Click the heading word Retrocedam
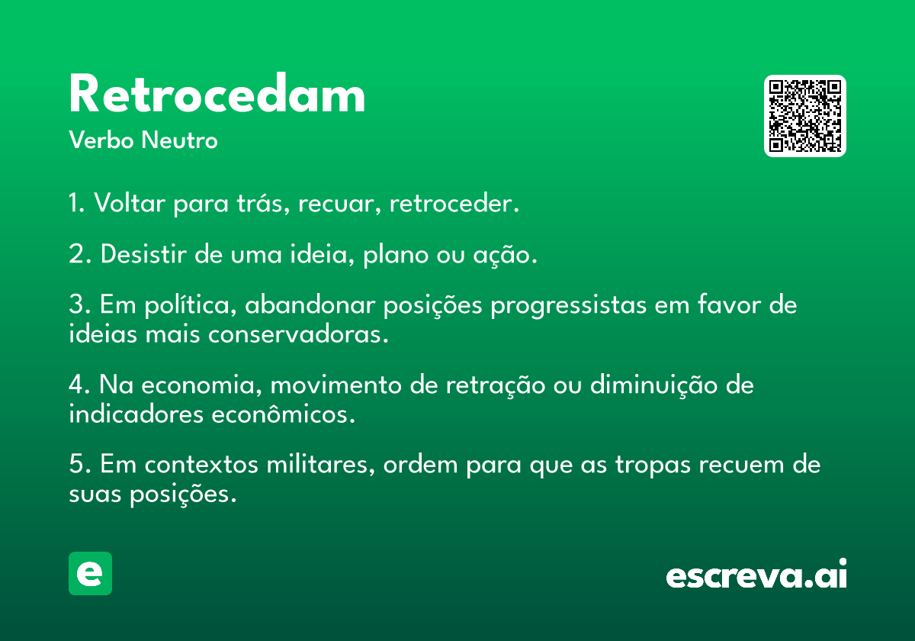pos(217,93)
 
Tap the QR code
pos(804,116)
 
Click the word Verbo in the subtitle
pos(101,140)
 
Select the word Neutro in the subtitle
pos(179,140)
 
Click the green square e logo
pos(90,573)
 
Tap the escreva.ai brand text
pos(756,574)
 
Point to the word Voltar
pos(130,203)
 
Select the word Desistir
pos(144,254)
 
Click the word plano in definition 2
pos(396,255)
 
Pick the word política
pos(191,306)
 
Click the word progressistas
pos(569,306)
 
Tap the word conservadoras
pos(298,334)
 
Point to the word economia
pos(201,385)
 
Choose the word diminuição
pos(654,385)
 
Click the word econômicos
pos(283,414)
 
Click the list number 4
pos(78,385)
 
